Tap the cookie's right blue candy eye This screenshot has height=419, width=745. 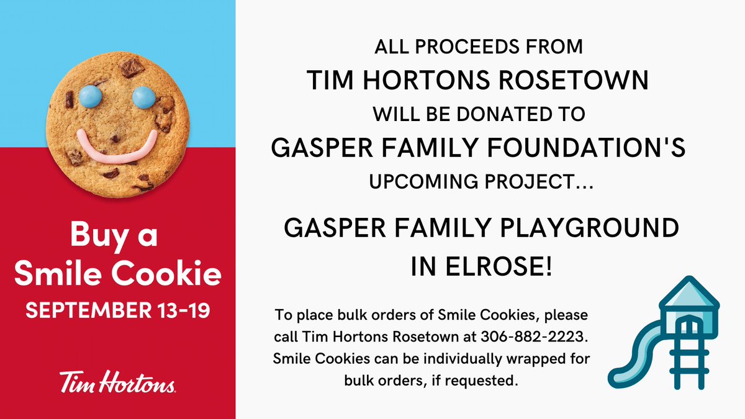[x=143, y=96]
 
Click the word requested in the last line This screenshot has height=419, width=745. [x=484, y=380]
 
